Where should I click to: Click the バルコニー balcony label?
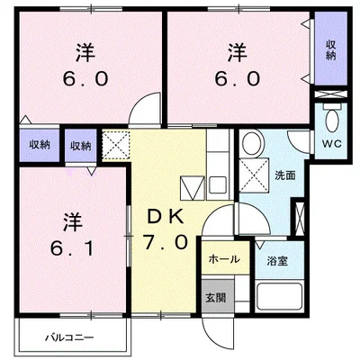pos(69,337)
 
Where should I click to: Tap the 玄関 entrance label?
pos(216,298)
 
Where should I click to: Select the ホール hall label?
pos(224,259)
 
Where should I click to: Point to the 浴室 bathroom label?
pos(277,261)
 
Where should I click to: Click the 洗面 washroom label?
pos(285,175)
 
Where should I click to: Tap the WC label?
pos(332,144)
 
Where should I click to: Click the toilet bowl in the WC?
pos(332,120)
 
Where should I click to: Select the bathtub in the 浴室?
pos(279,296)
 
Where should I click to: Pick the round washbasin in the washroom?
pos(253,143)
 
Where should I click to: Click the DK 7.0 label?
pos(166,229)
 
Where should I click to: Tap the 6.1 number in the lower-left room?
pos(72,248)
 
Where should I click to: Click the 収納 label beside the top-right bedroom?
pos(331,50)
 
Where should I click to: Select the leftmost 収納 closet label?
pos(40,145)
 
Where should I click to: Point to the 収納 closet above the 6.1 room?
pos(80,146)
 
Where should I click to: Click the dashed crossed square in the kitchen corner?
pos(116,145)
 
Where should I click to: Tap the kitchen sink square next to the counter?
pos(217,185)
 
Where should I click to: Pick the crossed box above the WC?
pos(330,94)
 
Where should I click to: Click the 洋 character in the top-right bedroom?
pos(238,53)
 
